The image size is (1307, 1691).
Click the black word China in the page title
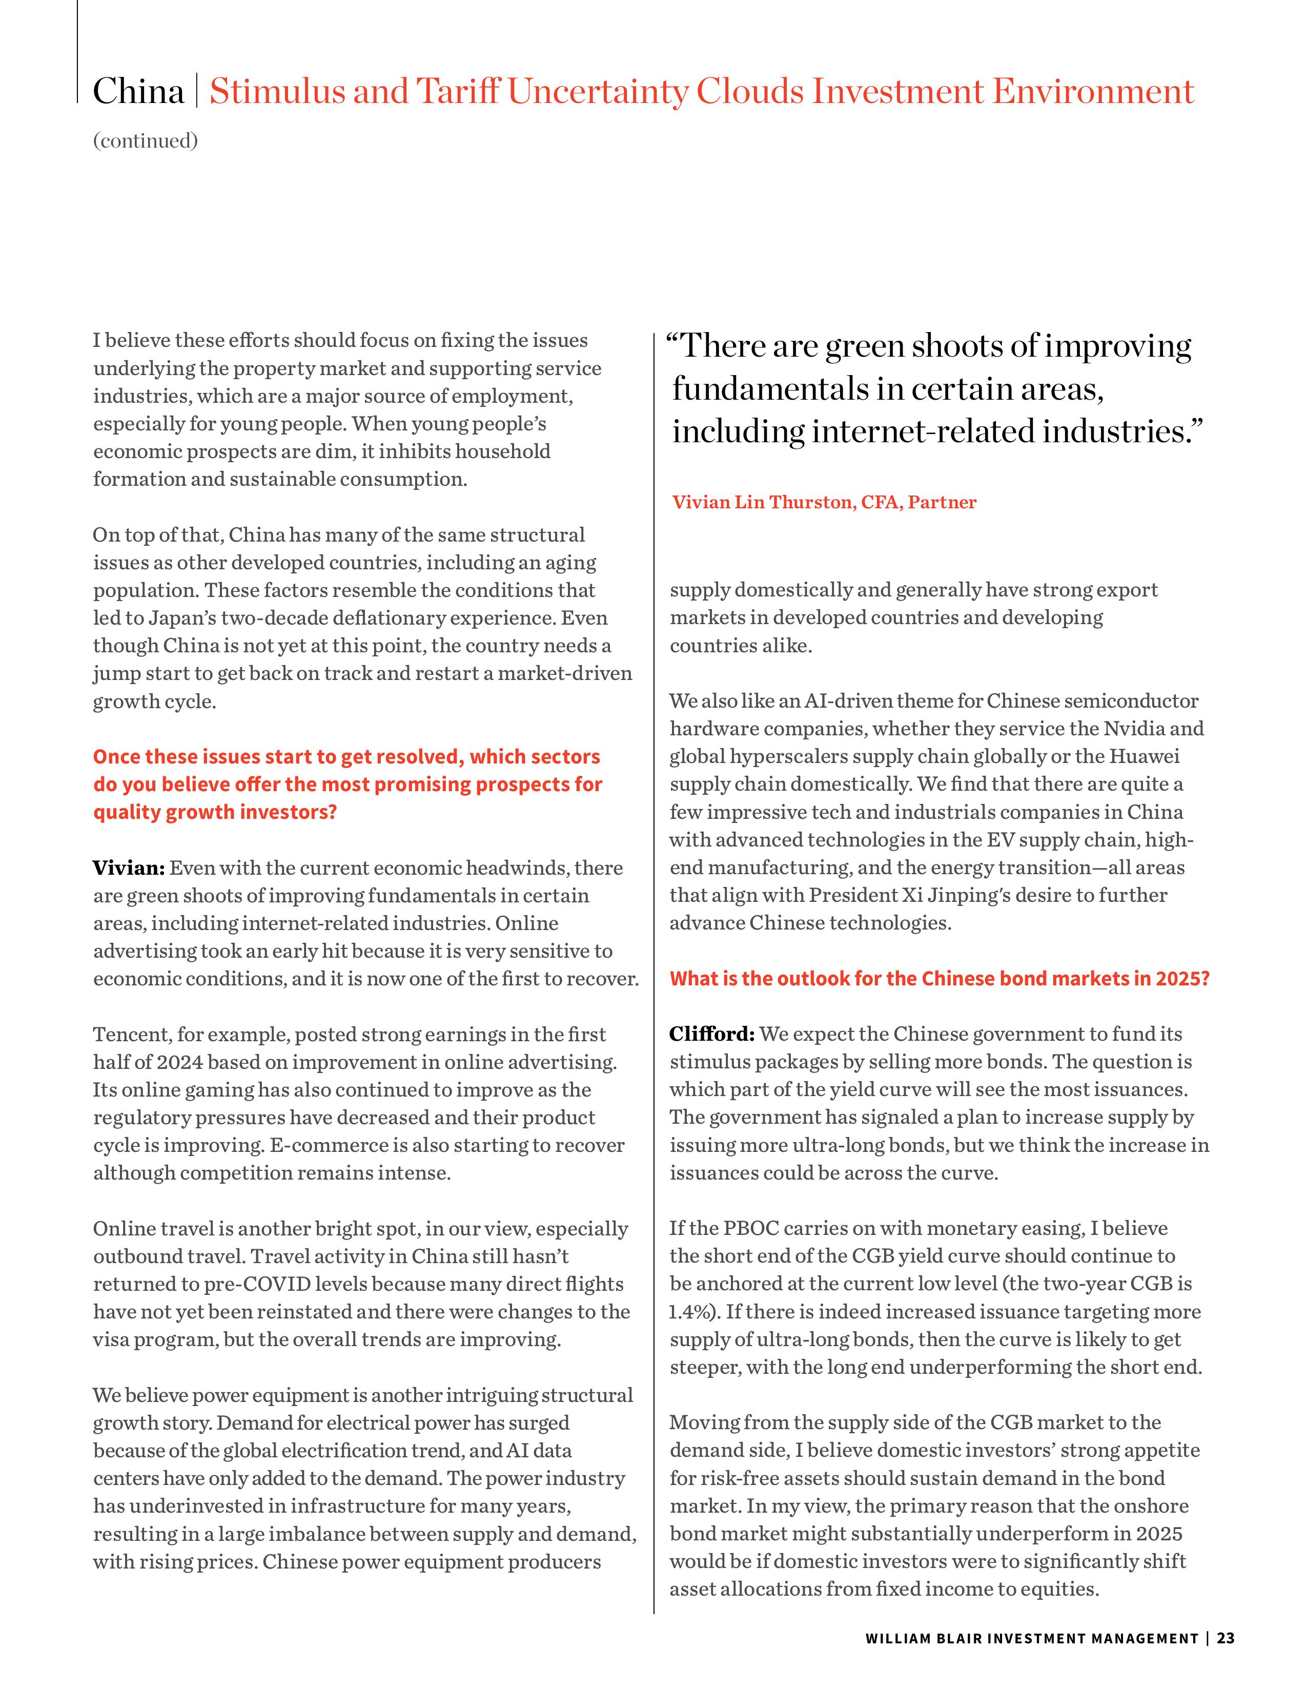[138, 92]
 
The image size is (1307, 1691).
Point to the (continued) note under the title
[146, 141]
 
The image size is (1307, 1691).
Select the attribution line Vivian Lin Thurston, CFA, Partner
[824, 503]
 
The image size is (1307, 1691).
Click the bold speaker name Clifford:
[711, 1035]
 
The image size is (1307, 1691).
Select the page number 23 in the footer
[1226, 1638]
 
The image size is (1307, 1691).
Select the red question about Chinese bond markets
[939, 979]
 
